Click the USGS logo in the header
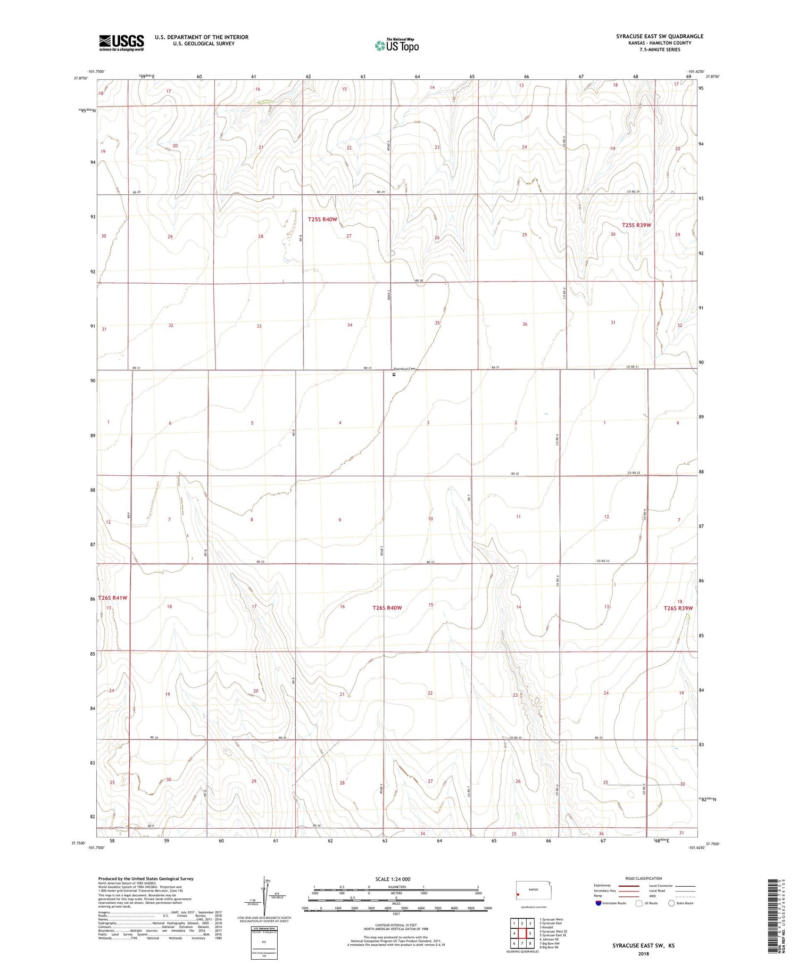click(x=121, y=43)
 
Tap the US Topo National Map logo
click(x=396, y=45)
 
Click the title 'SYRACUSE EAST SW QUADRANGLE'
click(x=659, y=36)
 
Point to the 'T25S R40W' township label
click(x=322, y=219)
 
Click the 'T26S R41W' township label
click(x=113, y=598)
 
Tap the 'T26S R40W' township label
click(x=387, y=608)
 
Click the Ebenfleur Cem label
click(x=403, y=369)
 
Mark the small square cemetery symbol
click(x=394, y=375)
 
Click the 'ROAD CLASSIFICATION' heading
click(x=643, y=878)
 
